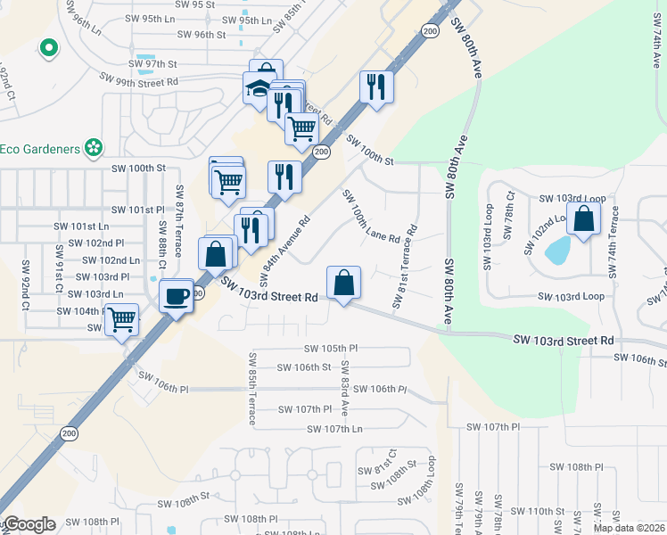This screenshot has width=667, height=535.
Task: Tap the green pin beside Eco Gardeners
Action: [x=93, y=147]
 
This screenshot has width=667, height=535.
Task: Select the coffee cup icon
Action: [x=177, y=294]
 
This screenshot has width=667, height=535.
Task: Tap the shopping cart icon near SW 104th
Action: [x=121, y=318]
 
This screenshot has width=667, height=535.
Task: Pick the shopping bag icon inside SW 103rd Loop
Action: [x=583, y=218]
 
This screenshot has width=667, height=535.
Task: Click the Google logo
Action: [x=29, y=524]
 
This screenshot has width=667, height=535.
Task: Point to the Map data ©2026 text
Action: [x=629, y=528]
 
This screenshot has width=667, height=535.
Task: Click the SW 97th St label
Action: [x=154, y=64]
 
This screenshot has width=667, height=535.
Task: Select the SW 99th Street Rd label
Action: [x=141, y=81]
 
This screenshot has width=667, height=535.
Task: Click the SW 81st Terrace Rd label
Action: [x=404, y=267]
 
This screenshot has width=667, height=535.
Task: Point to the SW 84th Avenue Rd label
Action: [x=285, y=245]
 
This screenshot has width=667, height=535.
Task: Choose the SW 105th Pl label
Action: [x=330, y=349]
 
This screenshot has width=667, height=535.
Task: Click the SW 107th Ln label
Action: [x=334, y=429]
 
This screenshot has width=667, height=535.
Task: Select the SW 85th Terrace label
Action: [x=252, y=382]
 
